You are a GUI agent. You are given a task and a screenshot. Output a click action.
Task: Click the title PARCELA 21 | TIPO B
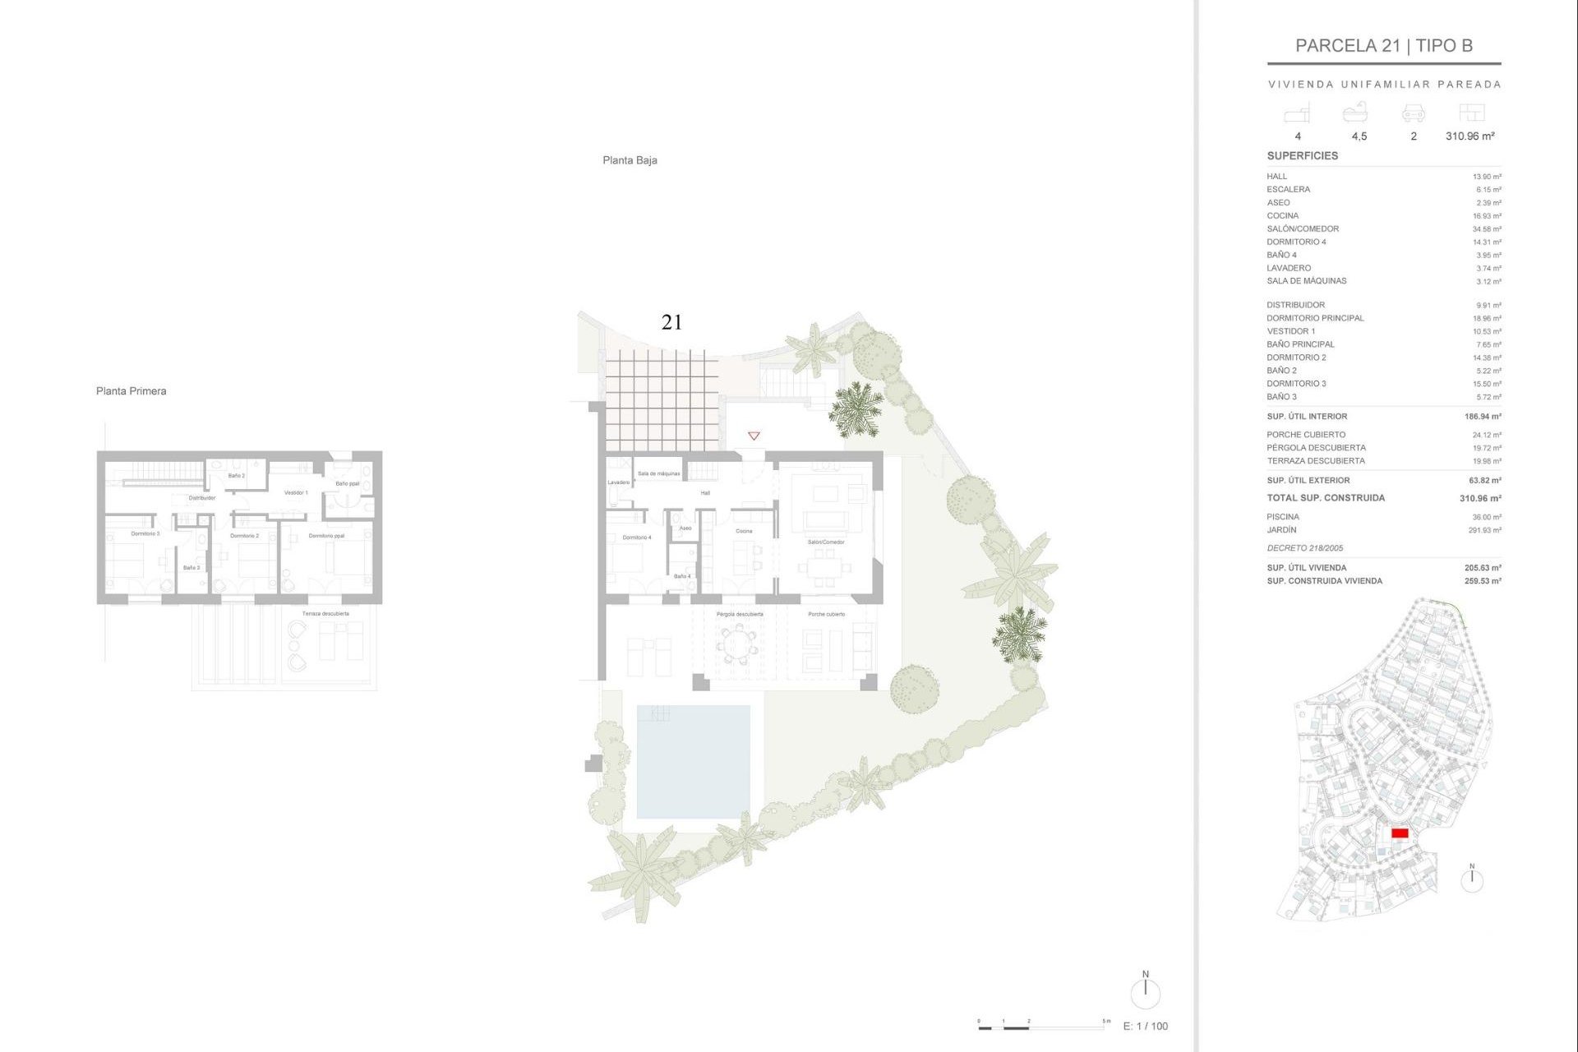[x=1384, y=46]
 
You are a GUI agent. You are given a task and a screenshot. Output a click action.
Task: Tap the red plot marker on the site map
[x=1400, y=833]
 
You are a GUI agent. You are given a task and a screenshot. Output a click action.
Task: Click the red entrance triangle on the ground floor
[x=754, y=436]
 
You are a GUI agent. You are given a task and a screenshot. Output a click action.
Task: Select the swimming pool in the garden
[x=693, y=761]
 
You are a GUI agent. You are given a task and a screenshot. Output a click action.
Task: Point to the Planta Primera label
[x=131, y=391]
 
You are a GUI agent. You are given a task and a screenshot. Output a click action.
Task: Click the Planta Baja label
[x=630, y=160]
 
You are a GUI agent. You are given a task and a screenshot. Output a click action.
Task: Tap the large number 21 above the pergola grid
[x=671, y=323]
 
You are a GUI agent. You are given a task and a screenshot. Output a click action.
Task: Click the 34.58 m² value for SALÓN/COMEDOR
[x=1487, y=229]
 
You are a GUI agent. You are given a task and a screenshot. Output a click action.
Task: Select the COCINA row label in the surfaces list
[x=1282, y=216]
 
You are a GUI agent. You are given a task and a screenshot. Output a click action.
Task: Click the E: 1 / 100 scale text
[x=1145, y=1026]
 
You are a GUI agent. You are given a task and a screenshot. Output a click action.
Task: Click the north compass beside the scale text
[x=1145, y=993]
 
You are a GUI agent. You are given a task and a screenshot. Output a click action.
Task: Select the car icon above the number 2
[x=1414, y=113]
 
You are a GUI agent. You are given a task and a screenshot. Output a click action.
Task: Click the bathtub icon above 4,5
[x=1355, y=113]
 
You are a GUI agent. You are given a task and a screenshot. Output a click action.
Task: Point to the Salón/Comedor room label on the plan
[x=826, y=542]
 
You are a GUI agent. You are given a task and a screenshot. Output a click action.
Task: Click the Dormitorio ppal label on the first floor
[x=326, y=536]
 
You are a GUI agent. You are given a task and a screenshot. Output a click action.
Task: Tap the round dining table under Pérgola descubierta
[x=738, y=643]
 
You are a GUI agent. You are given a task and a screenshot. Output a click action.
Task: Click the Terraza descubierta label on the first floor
[x=325, y=614]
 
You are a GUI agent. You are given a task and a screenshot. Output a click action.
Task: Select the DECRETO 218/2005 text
[x=1305, y=548]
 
